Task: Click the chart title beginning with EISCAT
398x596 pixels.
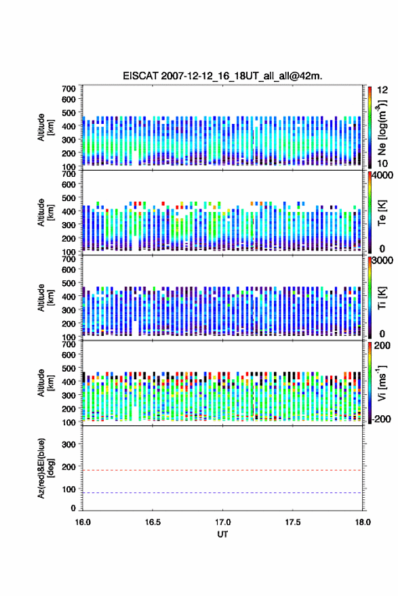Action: [222, 76]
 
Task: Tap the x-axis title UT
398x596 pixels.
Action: [222, 534]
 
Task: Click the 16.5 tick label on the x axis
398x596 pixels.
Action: [153, 522]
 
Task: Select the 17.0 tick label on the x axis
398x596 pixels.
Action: [222, 522]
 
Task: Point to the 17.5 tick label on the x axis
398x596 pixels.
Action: [293, 522]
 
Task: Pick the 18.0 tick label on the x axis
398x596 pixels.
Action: [363, 522]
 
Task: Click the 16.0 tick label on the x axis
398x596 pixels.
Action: [83, 522]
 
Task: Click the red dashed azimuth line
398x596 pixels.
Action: [222, 470]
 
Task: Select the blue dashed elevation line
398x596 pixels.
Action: [222, 492]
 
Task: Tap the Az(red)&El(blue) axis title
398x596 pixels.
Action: [45, 468]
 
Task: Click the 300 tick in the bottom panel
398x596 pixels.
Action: [68, 444]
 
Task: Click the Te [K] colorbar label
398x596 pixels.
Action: [382, 213]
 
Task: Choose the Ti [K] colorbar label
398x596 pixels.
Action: [382, 298]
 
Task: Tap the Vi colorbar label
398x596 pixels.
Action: [382, 383]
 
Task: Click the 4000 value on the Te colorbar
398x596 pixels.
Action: [382, 175]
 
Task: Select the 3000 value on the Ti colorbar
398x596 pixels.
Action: [382, 260]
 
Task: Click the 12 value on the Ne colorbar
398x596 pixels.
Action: [382, 90]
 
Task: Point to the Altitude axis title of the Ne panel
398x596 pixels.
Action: [45, 127]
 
